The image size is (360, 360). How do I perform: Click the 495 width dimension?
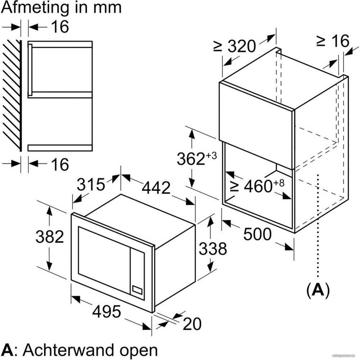point(107,311)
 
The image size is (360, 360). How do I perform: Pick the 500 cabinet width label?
point(257,234)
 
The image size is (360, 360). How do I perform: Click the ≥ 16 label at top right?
point(333,41)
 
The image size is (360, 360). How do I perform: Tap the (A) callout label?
point(318,291)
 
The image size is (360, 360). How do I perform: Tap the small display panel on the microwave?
point(138,289)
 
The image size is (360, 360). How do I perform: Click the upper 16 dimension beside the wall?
point(59,27)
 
